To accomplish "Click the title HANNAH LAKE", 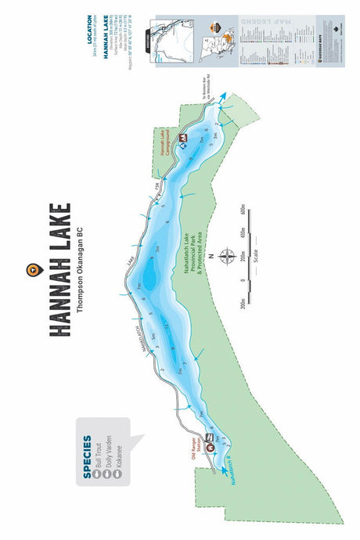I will pos(59,270).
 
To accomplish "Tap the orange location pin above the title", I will pos(31,270).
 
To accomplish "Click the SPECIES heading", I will pos(87,455).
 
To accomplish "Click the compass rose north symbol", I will pos(227,256).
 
